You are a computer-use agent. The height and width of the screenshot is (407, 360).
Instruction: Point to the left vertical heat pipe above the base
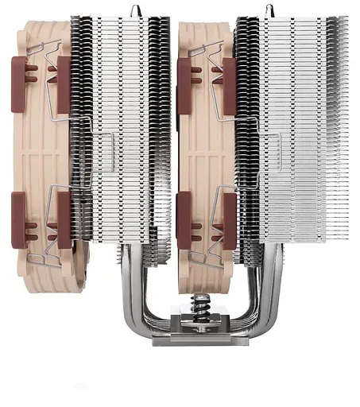coord(126,290)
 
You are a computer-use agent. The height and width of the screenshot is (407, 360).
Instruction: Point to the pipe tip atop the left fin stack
coord(134,7)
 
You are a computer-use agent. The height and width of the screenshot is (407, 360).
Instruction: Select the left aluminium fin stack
coord(119,135)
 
